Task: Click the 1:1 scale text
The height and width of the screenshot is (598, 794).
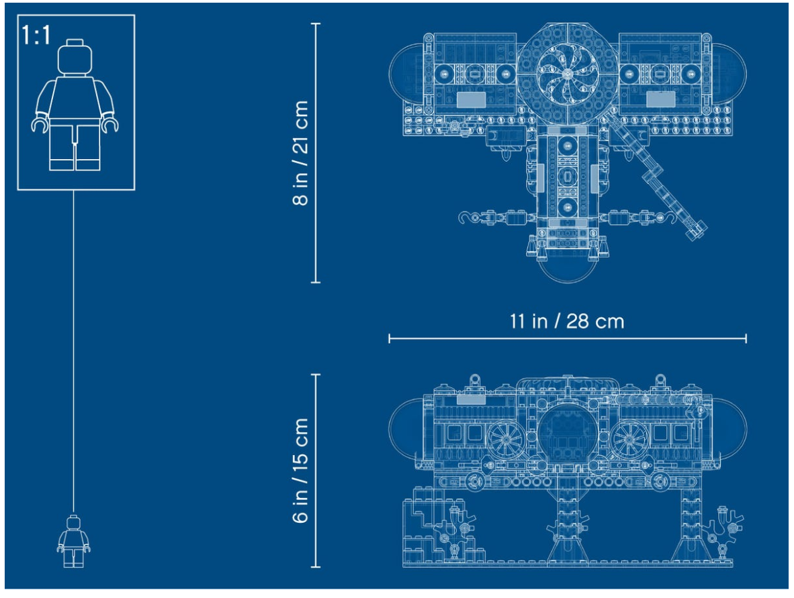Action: (36, 36)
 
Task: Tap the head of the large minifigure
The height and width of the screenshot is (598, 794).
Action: (75, 58)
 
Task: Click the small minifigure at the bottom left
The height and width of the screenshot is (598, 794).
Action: (73, 542)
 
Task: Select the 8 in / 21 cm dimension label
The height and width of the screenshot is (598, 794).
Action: (300, 153)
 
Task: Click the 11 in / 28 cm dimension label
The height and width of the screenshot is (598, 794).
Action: (567, 321)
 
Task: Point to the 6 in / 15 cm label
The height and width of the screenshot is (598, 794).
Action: (300, 470)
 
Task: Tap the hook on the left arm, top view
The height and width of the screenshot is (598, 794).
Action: (467, 218)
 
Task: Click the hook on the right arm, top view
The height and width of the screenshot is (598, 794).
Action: (668, 218)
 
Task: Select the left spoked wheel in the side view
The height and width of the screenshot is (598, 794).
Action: (506, 439)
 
